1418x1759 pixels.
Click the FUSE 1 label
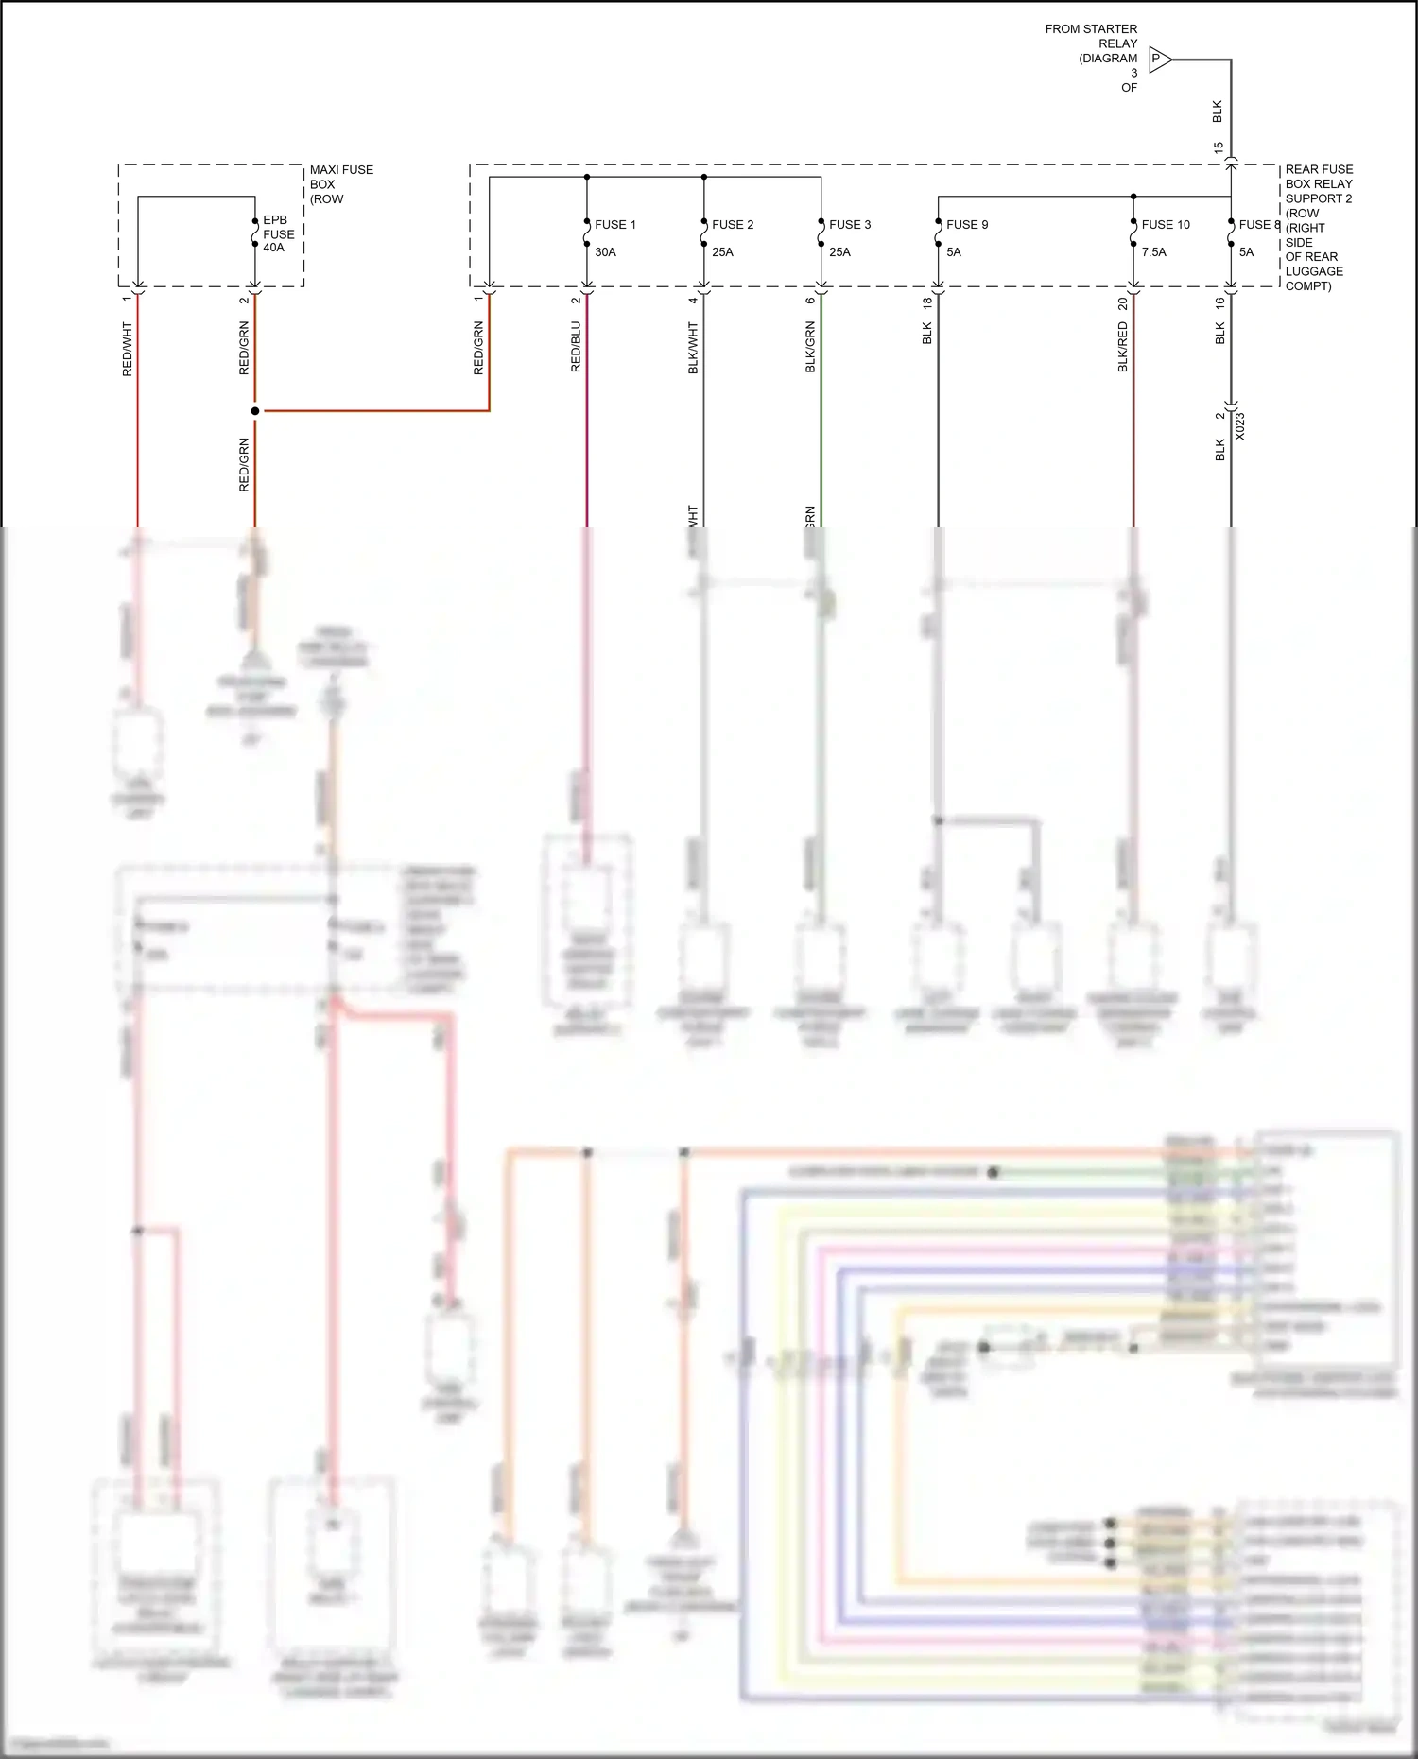click(614, 225)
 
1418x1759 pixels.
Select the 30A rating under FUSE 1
click(605, 252)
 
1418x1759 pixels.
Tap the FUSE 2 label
click(732, 225)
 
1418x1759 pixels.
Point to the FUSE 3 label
click(849, 225)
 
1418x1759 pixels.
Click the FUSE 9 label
click(966, 225)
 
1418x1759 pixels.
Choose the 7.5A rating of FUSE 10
click(1153, 252)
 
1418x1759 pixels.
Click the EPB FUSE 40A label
click(278, 233)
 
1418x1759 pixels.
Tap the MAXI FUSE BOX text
click(340, 184)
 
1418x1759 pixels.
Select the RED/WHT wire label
click(128, 350)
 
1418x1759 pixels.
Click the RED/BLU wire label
click(576, 347)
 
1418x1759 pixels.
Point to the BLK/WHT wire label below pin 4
click(693, 348)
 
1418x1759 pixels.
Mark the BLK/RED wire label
click(1123, 347)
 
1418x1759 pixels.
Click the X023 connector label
click(1239, 426)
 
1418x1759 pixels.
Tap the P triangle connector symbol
click(1159, 60)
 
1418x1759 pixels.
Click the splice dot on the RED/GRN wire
click(255, 411)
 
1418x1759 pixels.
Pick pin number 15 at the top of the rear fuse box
click(1218, 148)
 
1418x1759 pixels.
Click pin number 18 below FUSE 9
click(927, 302)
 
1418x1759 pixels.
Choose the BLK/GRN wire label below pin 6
click(810, 347)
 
